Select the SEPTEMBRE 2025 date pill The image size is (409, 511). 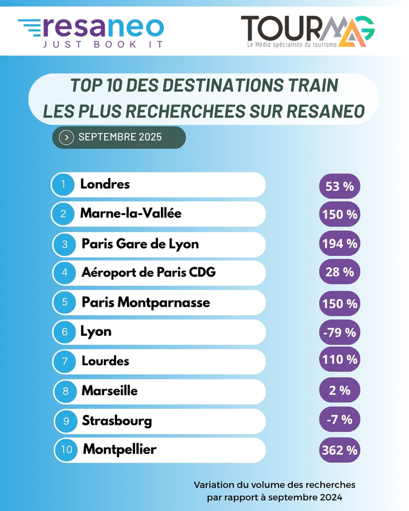[119, 137]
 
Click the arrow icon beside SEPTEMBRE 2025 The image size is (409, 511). [67, 137]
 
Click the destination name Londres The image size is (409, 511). [105, 184]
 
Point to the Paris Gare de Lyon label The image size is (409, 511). [140, 244]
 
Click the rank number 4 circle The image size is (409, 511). [64, 273]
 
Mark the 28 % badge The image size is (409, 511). [340, 272]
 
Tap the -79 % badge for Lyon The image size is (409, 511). [340, 332]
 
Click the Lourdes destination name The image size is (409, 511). [105, 361]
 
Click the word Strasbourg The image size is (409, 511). [117, 421]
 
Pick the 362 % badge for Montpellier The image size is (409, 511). [340, 451]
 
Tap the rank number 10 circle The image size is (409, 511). [66, 451]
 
